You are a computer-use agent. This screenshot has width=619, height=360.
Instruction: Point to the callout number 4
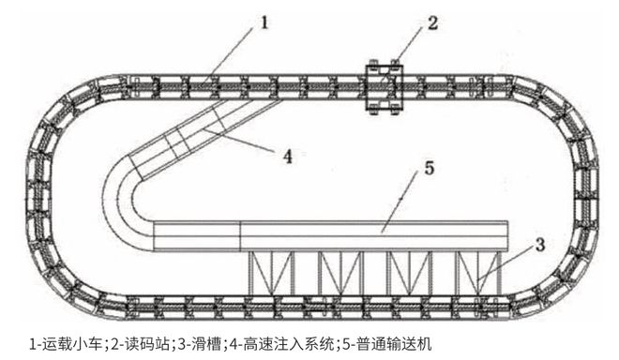(x=289, y=157)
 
